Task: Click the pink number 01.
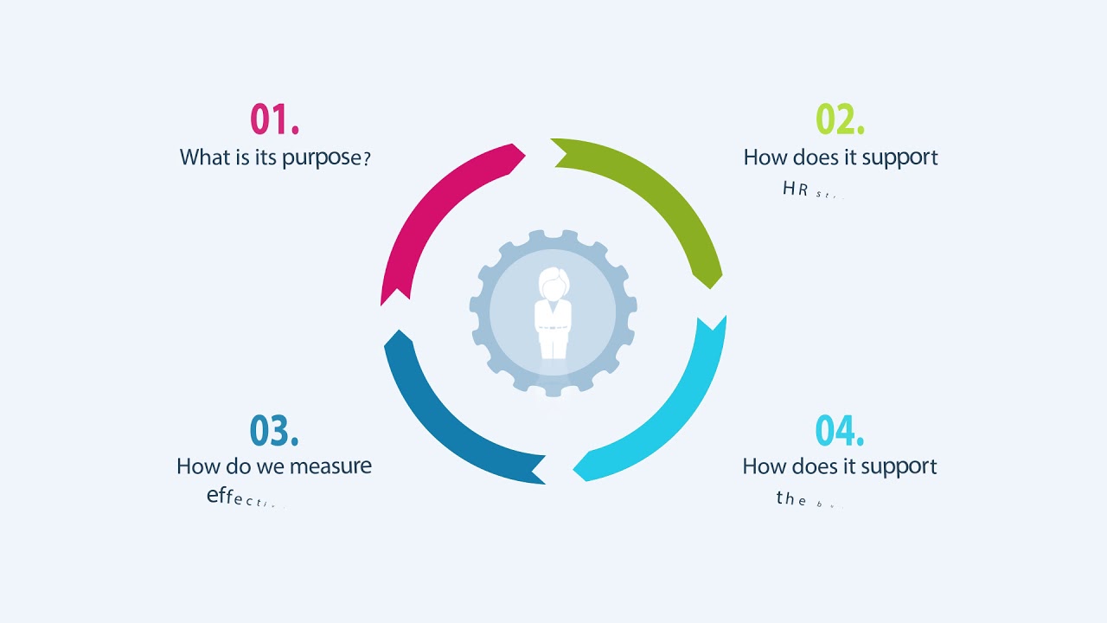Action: pyautogui.click(x=274, y=119)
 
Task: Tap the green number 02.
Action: pyautogui.click(x=840, y=119)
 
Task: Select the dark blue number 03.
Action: pyautogui.click(x=274, y=430)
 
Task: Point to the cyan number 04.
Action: pyautogui.click(x=840, y=430)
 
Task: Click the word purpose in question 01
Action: pyautogui.click(x=321, y=158)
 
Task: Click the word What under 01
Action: pyautogui.click(x=205, y=157)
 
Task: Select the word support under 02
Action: pyautogui.click(x=897, y=158)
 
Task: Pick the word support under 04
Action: pyautogui.click(x=896, y=467)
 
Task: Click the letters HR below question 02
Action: pyautogui.click(x=796, y=189)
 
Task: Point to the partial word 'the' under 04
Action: pyautogui.click(x=791, y=498)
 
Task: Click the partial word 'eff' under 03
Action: pyautogui.click(x=221, y=497)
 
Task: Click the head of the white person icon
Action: pyautogui.click(x=553, y=283)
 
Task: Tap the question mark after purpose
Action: pyautogui.click(x=367, y=158)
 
